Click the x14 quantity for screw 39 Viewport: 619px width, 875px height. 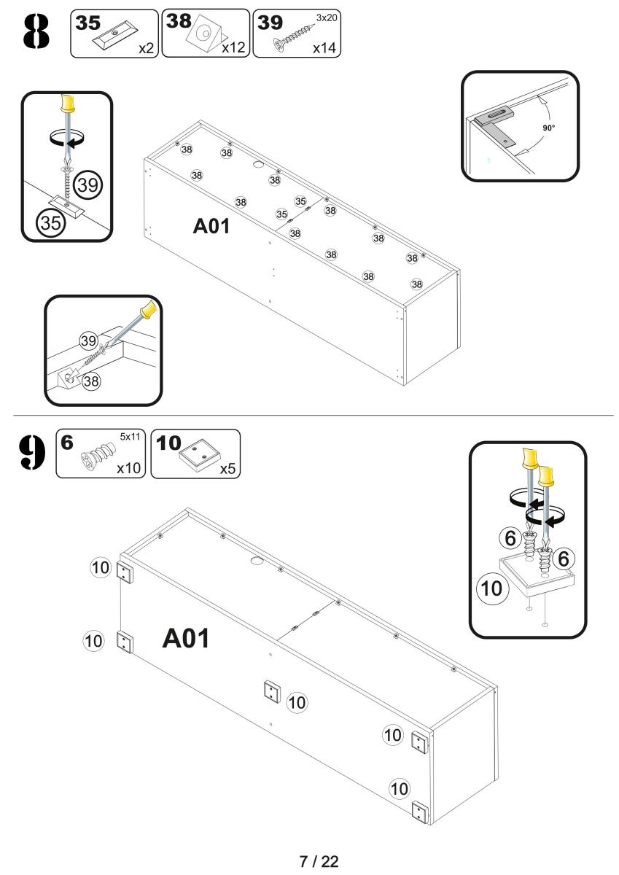325,49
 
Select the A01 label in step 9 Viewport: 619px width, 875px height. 186,639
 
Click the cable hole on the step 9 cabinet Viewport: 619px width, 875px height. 256,561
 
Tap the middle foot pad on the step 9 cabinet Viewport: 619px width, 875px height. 271,692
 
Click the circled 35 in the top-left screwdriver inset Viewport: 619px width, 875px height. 50,223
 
